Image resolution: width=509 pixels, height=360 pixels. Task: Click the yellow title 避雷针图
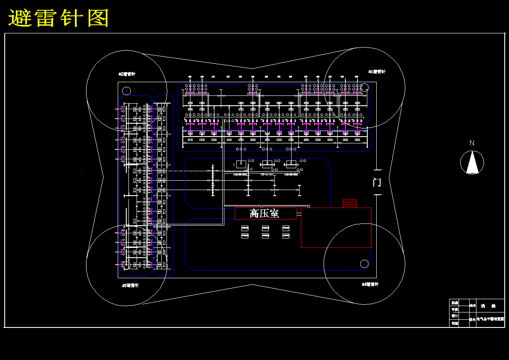click(59, 18)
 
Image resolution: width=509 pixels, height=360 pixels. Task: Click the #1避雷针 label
click(377, 71)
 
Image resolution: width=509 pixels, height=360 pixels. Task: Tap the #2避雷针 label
click(127, 74)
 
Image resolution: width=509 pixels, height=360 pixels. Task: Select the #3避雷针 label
click(130, 285)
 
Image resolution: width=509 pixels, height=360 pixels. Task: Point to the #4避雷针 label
click(370, 284)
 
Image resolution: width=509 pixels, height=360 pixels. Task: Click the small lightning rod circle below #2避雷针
click(126, 91)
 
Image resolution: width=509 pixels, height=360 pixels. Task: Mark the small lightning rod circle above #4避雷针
click(364, 264)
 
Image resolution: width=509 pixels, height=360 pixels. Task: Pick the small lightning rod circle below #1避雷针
click(365, 87)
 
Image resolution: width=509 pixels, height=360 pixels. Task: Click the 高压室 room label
click(265, 213)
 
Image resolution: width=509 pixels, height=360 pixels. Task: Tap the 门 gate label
click(377, 182)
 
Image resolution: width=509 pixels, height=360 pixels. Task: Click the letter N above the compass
click(472, 143)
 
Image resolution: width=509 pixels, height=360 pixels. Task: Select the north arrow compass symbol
click(472, 163)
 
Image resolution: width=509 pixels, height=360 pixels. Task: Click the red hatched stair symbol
click(350, 203)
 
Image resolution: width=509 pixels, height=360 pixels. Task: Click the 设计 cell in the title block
click(454, 316)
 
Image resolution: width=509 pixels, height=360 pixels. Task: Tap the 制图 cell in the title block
click(454, 323)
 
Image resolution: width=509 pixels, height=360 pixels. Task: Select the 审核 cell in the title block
click(454, 309)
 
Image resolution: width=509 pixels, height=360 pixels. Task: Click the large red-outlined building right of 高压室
click(336, 228)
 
